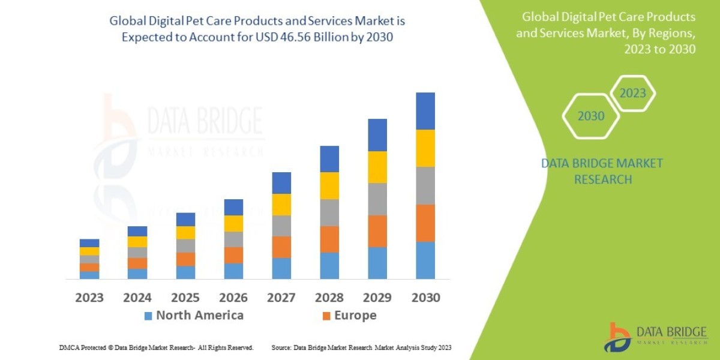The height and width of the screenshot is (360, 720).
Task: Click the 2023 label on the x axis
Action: (x=89, y=298)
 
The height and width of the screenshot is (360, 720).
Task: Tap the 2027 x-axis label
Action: (x=281, y=298)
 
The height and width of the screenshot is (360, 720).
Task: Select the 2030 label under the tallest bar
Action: (x=425, y=298)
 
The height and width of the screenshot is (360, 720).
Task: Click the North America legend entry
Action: (x=193, y=316)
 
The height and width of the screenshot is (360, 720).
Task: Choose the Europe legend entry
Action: (x=349, y=316)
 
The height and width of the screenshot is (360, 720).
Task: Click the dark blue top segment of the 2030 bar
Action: (x=425, y=111)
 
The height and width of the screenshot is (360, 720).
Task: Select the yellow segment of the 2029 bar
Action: (x=377, y=167)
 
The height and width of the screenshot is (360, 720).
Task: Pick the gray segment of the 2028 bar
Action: (x=329, y=212)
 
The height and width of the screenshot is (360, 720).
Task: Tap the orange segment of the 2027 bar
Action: (x=281, y=247)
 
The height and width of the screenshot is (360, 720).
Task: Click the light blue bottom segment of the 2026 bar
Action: (x=233, y=271)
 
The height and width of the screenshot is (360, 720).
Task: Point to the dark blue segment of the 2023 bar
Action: (x=89, y=243)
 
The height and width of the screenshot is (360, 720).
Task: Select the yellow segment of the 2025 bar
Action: (x=185, y=233)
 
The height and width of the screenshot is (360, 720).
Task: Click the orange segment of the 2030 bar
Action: (x=425, y=223)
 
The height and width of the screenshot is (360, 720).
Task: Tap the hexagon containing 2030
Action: (x=590, y=116)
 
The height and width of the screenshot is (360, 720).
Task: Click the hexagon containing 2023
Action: (x=632, y=93)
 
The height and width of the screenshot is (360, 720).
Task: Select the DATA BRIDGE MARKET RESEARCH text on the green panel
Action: (x=602, y=171)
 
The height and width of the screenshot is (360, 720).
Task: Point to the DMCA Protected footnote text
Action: (x=156, y=347)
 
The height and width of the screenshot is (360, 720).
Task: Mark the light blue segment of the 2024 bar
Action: (x=137, y=274)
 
